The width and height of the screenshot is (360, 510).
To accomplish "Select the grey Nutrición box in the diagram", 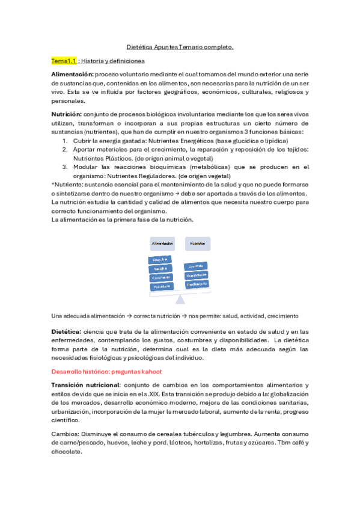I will (198, 244).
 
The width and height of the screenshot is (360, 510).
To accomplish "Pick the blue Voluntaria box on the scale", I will (162, 287).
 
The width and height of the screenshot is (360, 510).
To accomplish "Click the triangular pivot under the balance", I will (179, 298).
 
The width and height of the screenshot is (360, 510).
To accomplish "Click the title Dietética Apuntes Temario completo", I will (180, 46).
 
